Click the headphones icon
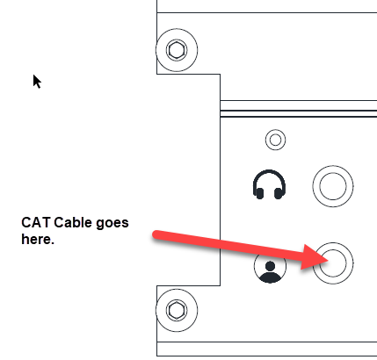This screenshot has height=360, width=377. click(x=269, y=184)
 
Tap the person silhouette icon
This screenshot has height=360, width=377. click(x=270, y=267)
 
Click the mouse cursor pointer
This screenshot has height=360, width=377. click(x=37, y=82)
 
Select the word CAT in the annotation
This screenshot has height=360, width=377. click(x=35, y=223)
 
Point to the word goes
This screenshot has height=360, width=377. click(x=112, y=224)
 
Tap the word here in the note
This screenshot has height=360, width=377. click(x=36, y=239)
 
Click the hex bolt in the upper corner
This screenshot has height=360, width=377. click(x=177, y=50)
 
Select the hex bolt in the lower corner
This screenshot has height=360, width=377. click(x=177, y=310)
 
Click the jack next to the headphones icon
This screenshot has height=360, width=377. click(x=333, y=186)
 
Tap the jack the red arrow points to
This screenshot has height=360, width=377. click(x=333, y=263)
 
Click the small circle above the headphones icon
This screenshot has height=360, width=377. click(x=275, y=140)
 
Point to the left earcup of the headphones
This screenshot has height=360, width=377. click(x=259, y=193)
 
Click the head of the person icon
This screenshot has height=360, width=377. click(x=270, y=266)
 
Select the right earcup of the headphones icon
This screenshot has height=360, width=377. click(x=279, y=193)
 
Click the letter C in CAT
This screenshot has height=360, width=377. click(x=25, y=223)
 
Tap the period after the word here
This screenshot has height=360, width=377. click(x=53, y=243)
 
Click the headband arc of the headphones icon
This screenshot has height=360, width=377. click(x=269, y=171)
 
